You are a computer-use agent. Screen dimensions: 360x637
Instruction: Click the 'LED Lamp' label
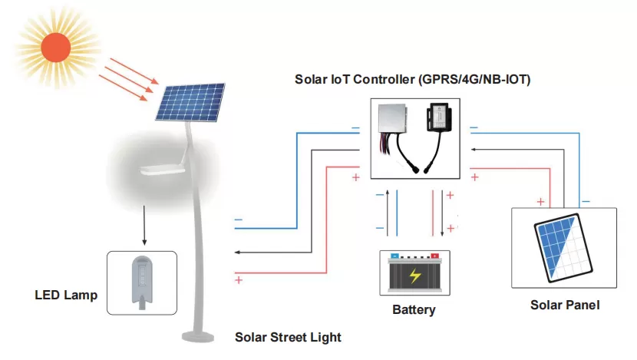coord(66,295)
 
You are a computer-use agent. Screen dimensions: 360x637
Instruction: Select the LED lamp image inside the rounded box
coord(142,282)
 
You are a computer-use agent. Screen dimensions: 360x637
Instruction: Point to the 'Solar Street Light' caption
coord(288,337)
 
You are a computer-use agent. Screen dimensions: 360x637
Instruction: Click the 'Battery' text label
coord(414,310)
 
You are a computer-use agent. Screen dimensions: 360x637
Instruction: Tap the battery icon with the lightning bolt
coord(414,274)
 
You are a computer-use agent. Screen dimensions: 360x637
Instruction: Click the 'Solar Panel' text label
coord(565,305)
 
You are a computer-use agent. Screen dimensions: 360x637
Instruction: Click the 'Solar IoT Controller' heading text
coord(413,80)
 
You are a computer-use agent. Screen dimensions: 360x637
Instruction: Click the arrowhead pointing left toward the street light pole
coord(237,252)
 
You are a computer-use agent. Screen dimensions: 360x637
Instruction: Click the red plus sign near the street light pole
coord(238,280)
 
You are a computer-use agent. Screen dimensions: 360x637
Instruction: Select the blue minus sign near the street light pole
coord(238,220)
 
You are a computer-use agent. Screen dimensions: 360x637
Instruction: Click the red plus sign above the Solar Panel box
coord(541,202)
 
